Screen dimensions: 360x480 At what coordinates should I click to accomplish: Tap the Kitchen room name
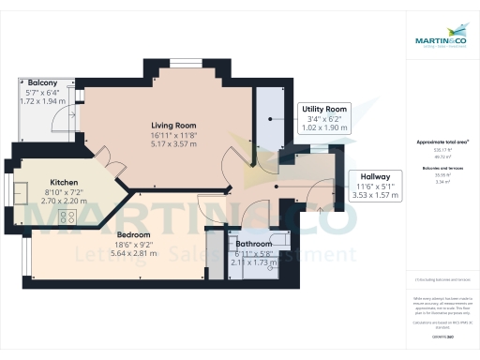pyautogui.click(x=65, y=182)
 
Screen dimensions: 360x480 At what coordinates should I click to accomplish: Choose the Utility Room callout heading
pyautogui.click(x=324, y=110)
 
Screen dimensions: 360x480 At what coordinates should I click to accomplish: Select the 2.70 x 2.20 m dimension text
pyautogui.click(x=65, y=201)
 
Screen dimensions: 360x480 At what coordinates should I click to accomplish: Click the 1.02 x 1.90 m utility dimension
pyautogui.click(x=324, y=127)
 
